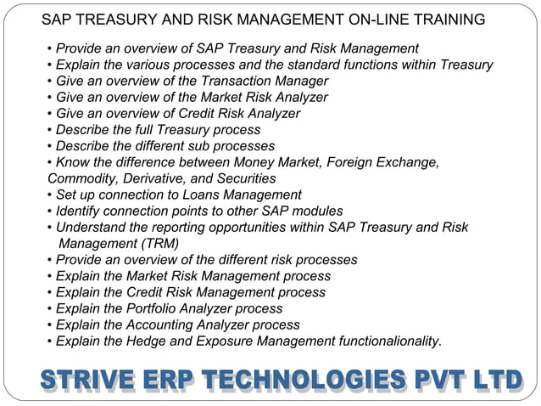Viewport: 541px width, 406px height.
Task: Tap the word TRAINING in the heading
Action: [449, 19]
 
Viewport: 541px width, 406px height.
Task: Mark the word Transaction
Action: [237, 81]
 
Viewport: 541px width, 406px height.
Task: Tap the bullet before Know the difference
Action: [50, 162]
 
